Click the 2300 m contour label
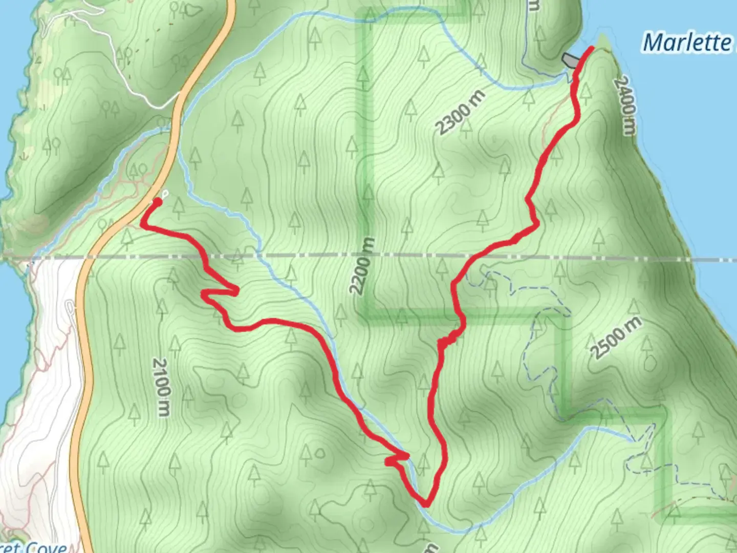click(x=460, y=112)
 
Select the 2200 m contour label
click(x=362, y=266)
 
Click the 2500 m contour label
click(x=616, y=338)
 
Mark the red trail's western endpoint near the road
click(x=157, y=202)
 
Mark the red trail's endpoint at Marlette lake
click(x=591, y=48)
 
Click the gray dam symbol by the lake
click(x=569, y=60)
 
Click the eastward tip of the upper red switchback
click(x=236, y=292)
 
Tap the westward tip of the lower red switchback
click(x=388, y=462)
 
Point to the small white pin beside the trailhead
click(x=165, y=194)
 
